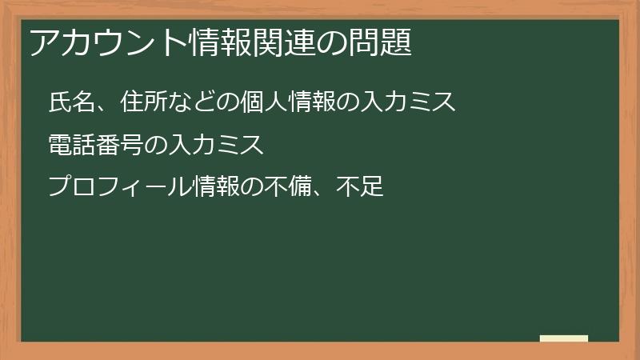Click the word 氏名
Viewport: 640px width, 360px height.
click(72, 103)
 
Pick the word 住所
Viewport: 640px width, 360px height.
click(145, 103)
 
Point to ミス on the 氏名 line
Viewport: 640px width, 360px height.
click(433, 103)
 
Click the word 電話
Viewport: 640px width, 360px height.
click(72, 146)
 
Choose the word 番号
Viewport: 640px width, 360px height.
click(121, 146)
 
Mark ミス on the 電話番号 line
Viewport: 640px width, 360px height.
click(240, 146)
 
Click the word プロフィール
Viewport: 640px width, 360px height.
click(120, 188)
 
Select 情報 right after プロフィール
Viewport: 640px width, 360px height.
click(217, 188)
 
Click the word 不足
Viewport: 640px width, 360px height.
click(361, 188)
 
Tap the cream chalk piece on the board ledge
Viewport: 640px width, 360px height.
click(564, 338)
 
